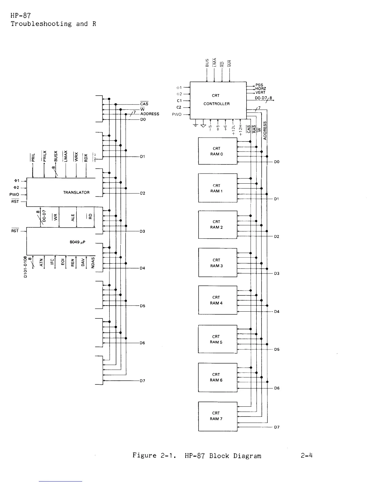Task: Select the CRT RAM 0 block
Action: (218, 151)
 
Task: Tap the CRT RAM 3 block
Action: (218, 263)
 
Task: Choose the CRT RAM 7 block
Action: (218, 416)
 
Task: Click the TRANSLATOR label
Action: (76, 193)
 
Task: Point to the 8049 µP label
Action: (78, 242)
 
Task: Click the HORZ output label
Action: (261, 89)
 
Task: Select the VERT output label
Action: (260, 93)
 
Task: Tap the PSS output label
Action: (259, 85)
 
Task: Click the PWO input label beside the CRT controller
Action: (177, 115)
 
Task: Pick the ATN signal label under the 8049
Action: (42, 262)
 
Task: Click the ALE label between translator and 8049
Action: (73, 217)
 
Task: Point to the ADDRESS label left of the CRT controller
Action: (150, 114)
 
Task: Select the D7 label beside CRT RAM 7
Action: (277, 427)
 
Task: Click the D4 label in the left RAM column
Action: (142, 268)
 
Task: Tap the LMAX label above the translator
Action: (65, 156)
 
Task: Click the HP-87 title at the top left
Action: (21, 16)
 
